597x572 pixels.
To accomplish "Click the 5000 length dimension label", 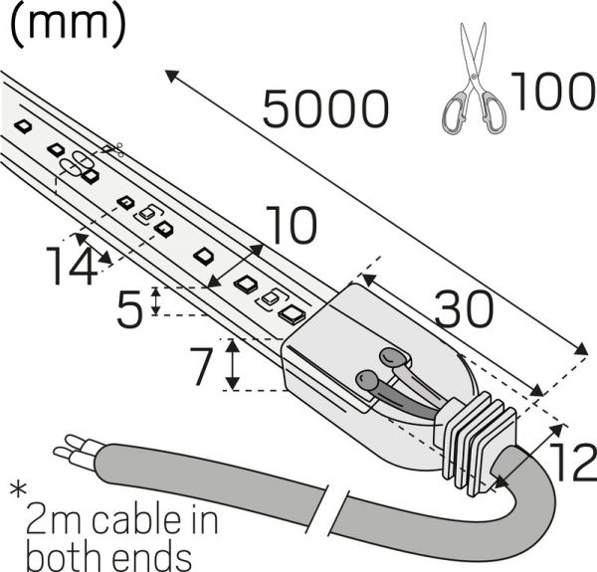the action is click(x=325, y=109).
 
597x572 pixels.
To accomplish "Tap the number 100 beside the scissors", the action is click(x=553, y=92).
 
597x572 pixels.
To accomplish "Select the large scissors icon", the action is click(x=474, y=78).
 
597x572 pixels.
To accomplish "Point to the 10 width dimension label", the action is click(x=291, y=225).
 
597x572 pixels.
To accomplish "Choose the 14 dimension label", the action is click(x=72, y=266).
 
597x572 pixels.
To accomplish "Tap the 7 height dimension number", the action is click(x=201, y=366).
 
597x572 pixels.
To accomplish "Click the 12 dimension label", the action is click(x=572, y=462).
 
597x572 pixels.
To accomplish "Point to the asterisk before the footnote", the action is click(x=18, y=490).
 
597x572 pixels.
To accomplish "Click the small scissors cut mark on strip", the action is click(x=112, y=149).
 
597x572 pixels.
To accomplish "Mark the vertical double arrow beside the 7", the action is click(x=233, y=364).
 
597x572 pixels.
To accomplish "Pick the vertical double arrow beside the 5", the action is click(x=156, y=301).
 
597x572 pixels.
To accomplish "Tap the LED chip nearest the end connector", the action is click(x=293, y=315).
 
